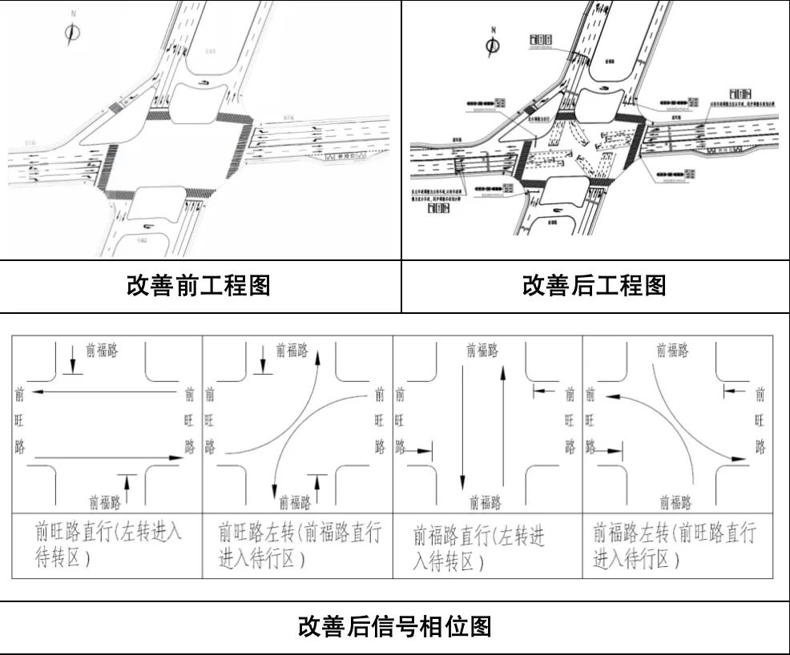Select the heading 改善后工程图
pyautogui.click(x=594, y=286)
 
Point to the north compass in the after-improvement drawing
pyautogui.click(x=493, y=44)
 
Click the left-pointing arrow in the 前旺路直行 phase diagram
pyautogui.click(x=107, y=392)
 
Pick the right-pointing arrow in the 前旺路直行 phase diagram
pyautogui.click(x=107, y=457)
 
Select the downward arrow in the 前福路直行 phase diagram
pyautogui.click(x=462, y=424)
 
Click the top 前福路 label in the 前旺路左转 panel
pyautogui.click(x=292, y=351)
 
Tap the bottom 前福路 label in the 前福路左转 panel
pyautogui.click(x=675, y=502)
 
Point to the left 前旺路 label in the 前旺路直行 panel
pyautogui.click(x=20, y=420)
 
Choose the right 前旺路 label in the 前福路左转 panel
pyautogui.click(x=760, y=420)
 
